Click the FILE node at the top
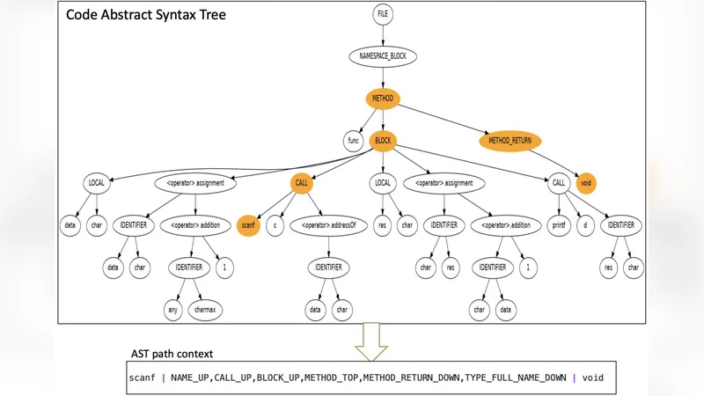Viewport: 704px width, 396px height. pos(382,15)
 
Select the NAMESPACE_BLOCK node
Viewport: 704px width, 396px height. pos(382,56)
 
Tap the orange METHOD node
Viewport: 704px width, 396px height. pos(382,99)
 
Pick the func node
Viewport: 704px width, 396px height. pos(353,140)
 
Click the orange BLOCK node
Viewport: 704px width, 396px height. pos(382,140)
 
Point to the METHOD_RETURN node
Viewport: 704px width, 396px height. pos(511,140)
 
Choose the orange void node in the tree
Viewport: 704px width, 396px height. pos(585,183)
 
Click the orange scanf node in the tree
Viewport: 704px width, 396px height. pos(249,225)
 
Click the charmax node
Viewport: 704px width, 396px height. pos(210,309)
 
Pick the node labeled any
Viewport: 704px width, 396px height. pos(172,309)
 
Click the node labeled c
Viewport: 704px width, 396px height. pos(275,225)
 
